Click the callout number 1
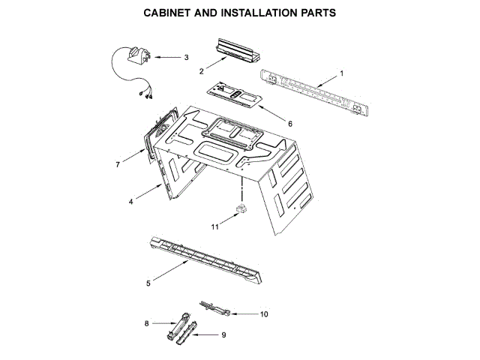pos(341,73)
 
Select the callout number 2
pos(202,71)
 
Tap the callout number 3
pos(186,57)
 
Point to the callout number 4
pos(130,201)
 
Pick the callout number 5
pos(148,283)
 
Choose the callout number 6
pos(290,123)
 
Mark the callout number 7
pos(117,164)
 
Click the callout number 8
pos(147,323)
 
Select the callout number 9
pos(223,335)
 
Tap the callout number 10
pos(263,314)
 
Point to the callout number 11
pos(214,225)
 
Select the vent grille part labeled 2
pos(235,51)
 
